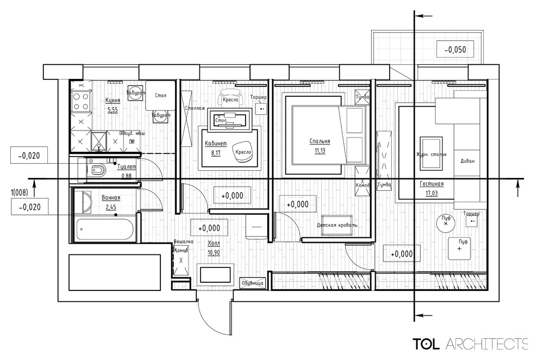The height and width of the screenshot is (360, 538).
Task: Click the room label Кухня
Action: pos(112,101)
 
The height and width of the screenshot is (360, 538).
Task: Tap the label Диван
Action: pos(466,161)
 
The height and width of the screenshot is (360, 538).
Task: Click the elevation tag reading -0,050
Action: pos(455,50)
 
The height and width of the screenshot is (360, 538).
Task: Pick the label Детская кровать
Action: pos(337,225)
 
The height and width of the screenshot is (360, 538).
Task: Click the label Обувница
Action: pos(253,283)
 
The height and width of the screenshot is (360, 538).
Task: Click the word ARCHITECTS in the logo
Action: pos(486,344)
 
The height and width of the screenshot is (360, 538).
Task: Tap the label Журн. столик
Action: pos(431,154)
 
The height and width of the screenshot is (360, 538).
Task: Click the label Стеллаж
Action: pos(195,108)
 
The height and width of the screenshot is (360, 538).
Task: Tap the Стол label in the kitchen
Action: pos(160,96)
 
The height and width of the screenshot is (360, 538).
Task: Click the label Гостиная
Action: pos(431,184)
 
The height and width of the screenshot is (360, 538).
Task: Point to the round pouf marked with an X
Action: pos(445,222)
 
